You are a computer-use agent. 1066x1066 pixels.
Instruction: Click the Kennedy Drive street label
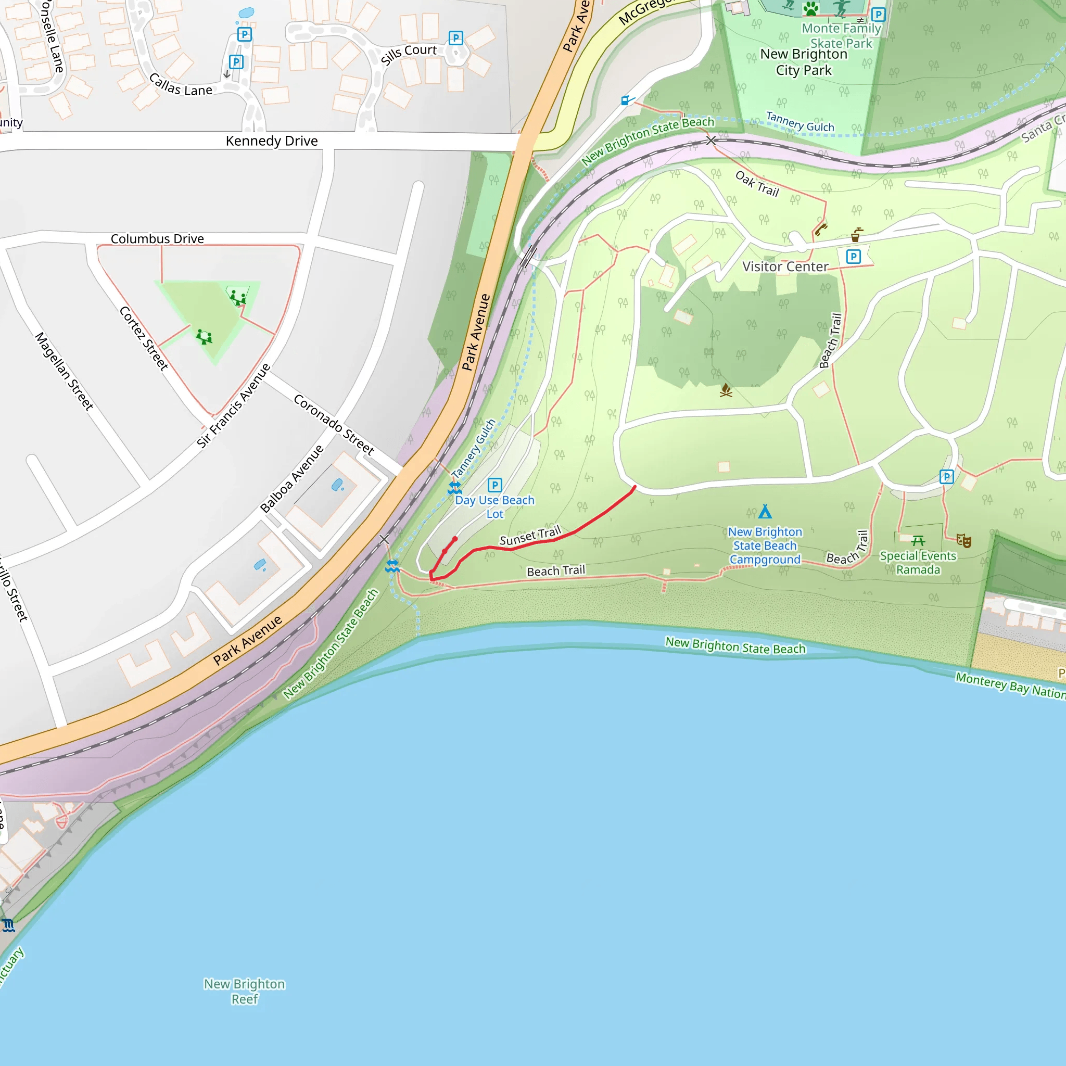pos(272,141)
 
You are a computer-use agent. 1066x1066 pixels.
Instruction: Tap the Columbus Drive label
pos(157,239)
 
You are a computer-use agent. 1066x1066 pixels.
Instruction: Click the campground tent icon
pos(765,512)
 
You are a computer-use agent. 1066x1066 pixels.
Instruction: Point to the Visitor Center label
pos(784,267)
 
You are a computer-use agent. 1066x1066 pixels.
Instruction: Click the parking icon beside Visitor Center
pos(853,257)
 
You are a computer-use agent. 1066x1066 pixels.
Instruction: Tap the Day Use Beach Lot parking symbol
pos(494,485)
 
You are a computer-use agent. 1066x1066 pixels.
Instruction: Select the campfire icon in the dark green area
pos(726,391)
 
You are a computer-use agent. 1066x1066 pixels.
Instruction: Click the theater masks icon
pos(963,540)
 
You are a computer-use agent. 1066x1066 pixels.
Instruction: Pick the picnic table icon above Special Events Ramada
pos(918,540)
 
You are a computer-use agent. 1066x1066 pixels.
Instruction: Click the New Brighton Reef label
pos(245,992)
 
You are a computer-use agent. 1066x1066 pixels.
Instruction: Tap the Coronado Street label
pos(334,424)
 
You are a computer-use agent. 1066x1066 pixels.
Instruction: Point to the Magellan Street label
pos(64,371)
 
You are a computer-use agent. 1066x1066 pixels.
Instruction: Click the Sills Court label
pos(408,54)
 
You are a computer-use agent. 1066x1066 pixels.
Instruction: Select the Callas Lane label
pos(181,85)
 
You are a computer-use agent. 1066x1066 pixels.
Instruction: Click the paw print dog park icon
pos(810,8)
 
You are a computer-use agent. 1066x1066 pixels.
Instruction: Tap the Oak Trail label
pos(757,184)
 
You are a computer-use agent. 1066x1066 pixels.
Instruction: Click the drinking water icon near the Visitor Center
pos(856,235)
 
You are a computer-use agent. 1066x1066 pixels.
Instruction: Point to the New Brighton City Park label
pos(803,62)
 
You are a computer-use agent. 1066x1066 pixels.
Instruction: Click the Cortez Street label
pos(144,338)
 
